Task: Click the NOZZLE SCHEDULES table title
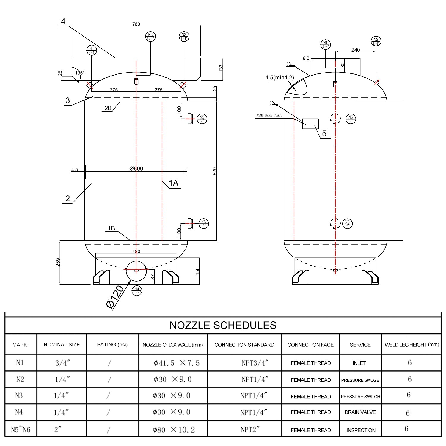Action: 223,325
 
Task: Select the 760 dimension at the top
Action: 136,24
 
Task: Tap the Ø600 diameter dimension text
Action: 136,169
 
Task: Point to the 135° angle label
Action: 80,73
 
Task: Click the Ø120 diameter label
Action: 115,296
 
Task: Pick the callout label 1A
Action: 173,183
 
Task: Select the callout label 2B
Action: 108,108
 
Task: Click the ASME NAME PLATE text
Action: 269,115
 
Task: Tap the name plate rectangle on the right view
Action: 310,124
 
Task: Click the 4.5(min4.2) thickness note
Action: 279,78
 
